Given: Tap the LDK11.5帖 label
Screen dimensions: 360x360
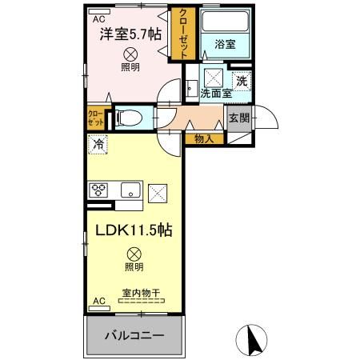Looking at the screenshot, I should point(132,230).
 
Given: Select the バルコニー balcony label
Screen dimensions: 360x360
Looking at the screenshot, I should point(135,334).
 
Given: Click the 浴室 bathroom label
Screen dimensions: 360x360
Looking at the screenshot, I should point(225,46).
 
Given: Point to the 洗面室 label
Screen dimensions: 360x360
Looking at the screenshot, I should point(215,94).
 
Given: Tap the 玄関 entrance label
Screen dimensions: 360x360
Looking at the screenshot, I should point(238,118).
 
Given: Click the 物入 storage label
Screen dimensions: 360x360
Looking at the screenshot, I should point(204,138).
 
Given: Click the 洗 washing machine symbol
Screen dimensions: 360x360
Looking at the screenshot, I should point(242,80).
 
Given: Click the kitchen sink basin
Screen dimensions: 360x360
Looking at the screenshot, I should point(131,190).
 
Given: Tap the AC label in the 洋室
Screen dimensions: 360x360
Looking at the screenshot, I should point(98,18).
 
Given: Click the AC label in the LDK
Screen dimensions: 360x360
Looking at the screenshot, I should point(98,301).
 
